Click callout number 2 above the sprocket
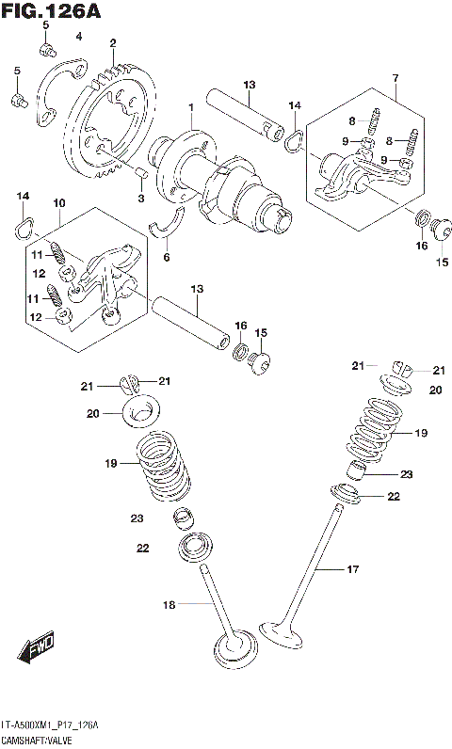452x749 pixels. pyautogui.click(x=112, y=43)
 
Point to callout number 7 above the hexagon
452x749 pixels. pyautogui.click(x=395, y=75)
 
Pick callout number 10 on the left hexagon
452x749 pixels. pyautogui.click(x=58, y=203)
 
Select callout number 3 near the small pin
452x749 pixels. pyautogui.click(x=141, y=199)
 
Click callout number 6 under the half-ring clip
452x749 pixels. pyautogui.click(x=167, y=256)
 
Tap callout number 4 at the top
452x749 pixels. pyautogui.click(x=79, y=36)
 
